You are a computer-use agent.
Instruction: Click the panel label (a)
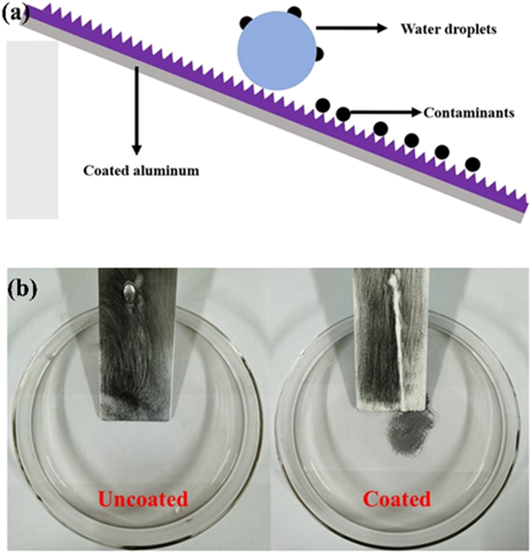16,11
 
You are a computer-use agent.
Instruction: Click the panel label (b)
21,290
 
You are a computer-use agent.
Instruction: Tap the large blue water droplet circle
276,51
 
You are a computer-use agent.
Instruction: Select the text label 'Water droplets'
448,29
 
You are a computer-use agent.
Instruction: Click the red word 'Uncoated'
142,500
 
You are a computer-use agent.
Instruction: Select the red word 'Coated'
396,500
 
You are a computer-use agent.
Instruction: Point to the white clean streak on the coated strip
398,338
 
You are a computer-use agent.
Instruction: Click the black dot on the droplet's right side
319,53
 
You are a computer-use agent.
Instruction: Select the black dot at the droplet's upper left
245,22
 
